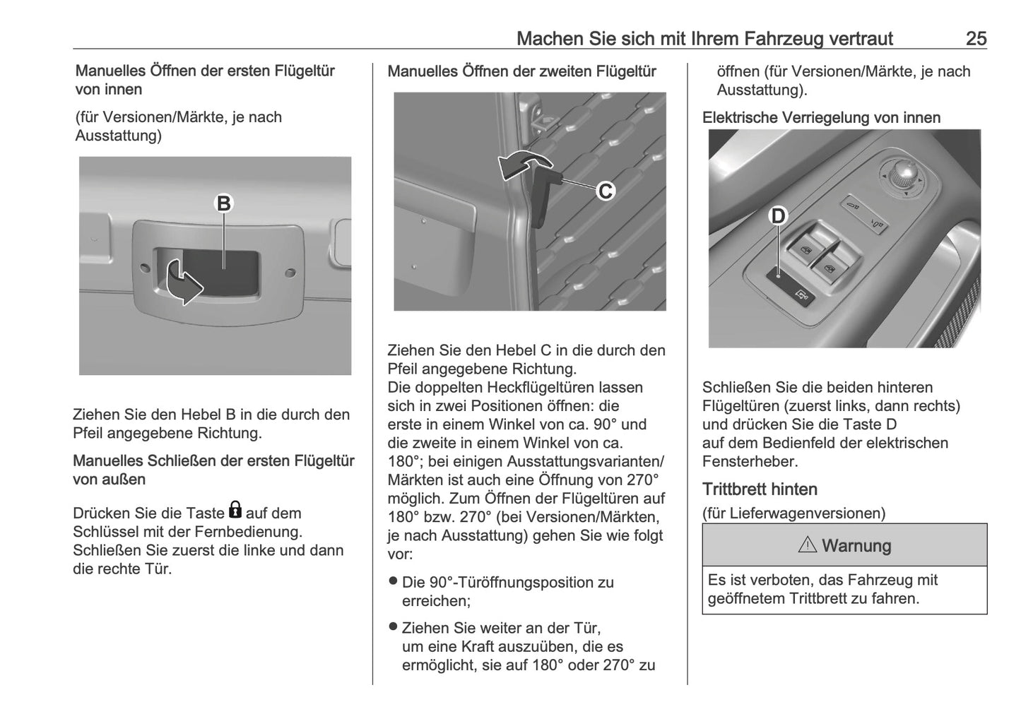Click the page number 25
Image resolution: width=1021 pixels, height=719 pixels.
976,38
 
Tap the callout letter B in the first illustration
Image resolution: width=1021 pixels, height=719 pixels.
223,204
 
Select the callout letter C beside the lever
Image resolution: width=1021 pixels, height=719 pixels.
606,191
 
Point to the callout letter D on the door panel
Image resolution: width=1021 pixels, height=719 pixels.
777,215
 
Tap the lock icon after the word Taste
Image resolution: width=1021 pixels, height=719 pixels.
235,511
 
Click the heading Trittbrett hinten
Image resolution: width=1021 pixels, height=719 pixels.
760,489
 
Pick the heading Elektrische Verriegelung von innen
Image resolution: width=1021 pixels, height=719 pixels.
821,118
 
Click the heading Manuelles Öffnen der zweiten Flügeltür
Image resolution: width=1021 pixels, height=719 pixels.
521,71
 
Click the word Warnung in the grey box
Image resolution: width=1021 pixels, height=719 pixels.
856,546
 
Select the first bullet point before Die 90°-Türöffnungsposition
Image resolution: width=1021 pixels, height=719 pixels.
394,582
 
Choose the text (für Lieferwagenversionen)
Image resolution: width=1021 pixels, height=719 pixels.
793,513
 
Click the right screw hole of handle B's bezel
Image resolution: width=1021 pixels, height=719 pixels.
290,272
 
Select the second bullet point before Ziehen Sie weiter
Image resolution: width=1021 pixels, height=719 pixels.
394,627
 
